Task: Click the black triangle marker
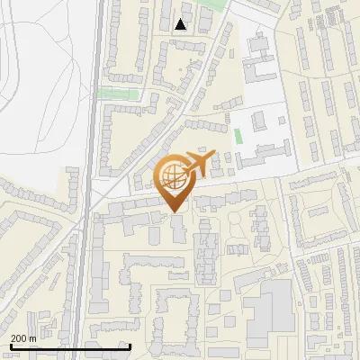pos(182,25)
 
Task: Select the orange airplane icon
pos(200,163)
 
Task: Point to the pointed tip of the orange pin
pos(174,211)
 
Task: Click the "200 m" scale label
pos(23,337)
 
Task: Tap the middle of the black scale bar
pos(70,346)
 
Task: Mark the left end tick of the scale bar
pos(10,346)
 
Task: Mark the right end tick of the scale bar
pos(130,346)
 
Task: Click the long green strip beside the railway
pos(118,93)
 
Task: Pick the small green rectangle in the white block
pos(238,137)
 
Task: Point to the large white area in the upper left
pos(40,81)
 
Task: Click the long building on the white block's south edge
pos(261,157)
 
